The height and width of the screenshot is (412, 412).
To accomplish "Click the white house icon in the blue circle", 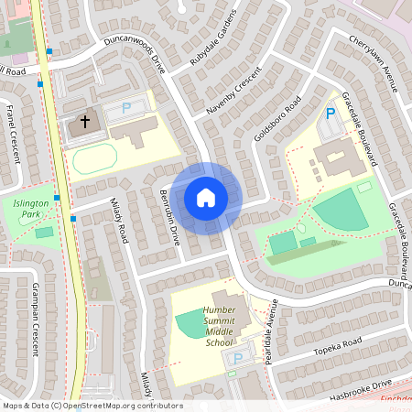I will pos(206,198).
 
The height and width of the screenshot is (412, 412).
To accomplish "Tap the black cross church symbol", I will pos(85,120).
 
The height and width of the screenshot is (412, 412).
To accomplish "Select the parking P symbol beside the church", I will pos(126,108).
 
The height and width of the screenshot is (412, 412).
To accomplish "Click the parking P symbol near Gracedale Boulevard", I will pos(330,114).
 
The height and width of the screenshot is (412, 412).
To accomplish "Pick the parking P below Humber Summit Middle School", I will pos(237,358).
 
